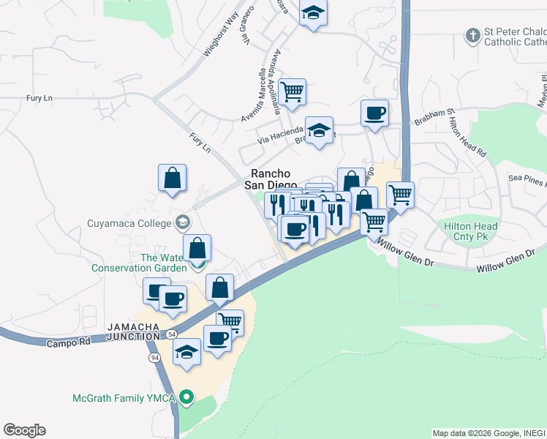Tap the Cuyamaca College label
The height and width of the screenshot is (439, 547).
(129, 222)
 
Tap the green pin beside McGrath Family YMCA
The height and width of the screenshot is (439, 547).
(186, 398)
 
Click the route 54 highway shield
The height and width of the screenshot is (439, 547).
(170, 334)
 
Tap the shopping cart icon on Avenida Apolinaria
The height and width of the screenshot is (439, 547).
(292, 92)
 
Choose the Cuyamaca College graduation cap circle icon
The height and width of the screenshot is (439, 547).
(182, 222)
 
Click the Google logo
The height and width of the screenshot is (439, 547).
(24, 430)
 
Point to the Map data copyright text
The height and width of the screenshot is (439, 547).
(488, 433)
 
